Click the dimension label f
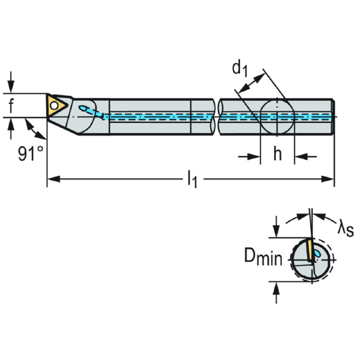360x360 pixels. click(x=11, y=106)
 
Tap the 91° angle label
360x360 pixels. click(x=31, y=153)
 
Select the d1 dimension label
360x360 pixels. click(x=240, y=69)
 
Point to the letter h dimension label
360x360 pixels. click(x=277, y=154)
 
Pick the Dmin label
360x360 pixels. click(x=263, y=256)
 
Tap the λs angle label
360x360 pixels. click(x=346, y=228)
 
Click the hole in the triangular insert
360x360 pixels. click(x=54, y=106)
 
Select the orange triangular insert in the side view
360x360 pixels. click(x=56, y=106)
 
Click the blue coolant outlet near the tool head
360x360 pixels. click(x=83, y=108)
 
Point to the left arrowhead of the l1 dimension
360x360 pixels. click(x=54, y=179)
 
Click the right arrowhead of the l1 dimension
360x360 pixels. click(x=327, y=179)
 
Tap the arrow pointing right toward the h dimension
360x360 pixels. click(x=249, y=157)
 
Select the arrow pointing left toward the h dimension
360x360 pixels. click(x=305, y=157)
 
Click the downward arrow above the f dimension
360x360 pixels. click(x=11, y=82)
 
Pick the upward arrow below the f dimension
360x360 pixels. click(x=11, y=128)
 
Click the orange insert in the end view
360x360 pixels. click(x=310, y=250)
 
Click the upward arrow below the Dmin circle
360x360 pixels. click(x=277, y=293)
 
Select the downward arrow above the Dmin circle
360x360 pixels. click(x=277, y=227)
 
